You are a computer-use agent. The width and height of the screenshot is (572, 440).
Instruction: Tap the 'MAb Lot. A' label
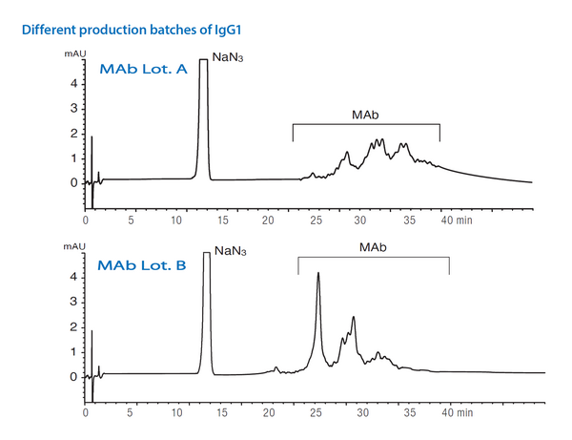tap(146, 68)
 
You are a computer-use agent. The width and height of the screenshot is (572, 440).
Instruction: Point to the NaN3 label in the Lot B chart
tap(231, 252)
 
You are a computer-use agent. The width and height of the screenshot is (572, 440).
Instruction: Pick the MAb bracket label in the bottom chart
tap(373, 247)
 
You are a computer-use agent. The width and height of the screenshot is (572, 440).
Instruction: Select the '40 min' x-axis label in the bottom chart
tap(457, 414)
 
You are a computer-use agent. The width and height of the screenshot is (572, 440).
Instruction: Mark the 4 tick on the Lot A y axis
tap(74, 83)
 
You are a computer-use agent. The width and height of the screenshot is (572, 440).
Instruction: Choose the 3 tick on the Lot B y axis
tap(74, 302)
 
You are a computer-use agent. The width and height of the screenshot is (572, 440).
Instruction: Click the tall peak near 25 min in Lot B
tap(317, 274)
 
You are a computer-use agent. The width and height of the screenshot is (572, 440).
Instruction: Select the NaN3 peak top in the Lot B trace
tap(207, 254)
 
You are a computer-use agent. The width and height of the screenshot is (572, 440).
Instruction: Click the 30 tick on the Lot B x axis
tap(363, 414)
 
